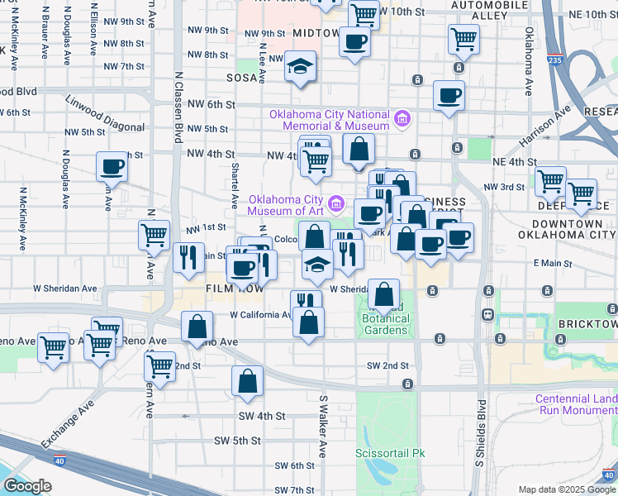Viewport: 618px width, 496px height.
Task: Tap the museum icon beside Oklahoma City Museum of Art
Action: click(x=335, y=202)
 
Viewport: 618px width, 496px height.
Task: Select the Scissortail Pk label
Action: click(x=389, y=453)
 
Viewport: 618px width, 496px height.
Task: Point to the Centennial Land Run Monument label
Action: click(x=576, y=404)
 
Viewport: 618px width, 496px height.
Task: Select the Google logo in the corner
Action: click(x=26, y=486)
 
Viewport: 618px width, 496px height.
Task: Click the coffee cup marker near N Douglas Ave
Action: click(x=112, y=167)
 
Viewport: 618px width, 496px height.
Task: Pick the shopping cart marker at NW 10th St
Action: click(x=364, y=13)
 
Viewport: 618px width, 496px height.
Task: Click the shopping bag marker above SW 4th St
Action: click(x=247, y=380)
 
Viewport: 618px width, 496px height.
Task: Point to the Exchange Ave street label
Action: click(x=59, y=428)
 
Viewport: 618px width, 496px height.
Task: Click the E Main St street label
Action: click(x=553, y=263)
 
